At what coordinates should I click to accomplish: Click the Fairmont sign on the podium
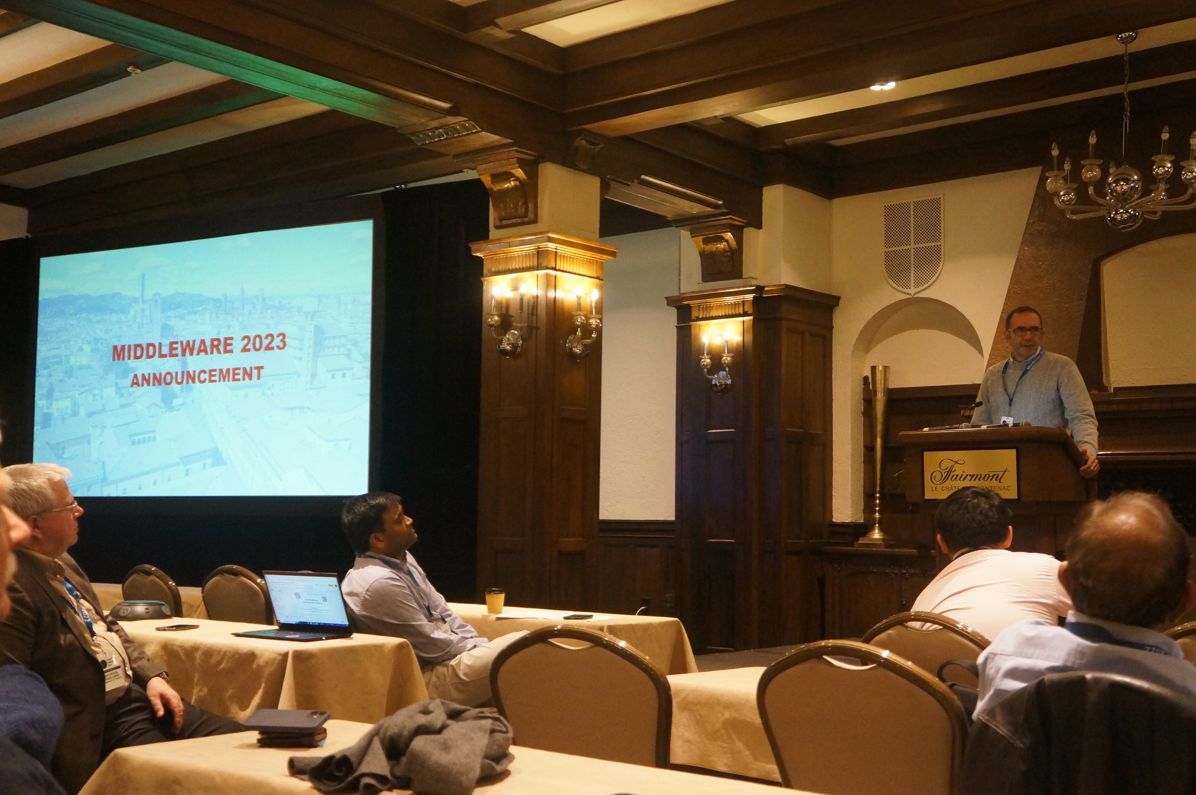coord(969,473)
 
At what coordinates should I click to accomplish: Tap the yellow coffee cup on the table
coord(495,601)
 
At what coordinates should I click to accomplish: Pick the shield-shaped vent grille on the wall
coord(913,243)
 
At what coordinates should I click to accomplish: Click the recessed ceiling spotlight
coord(883,86)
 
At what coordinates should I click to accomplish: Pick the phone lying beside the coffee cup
coord(578,617)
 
